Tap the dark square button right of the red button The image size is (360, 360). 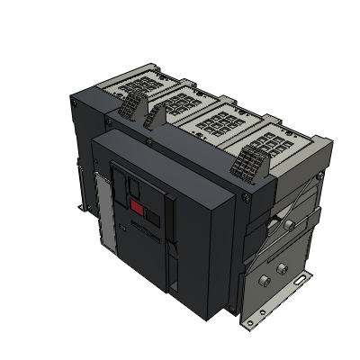tap(153, 218)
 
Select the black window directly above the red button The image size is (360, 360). tap(131, 186)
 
